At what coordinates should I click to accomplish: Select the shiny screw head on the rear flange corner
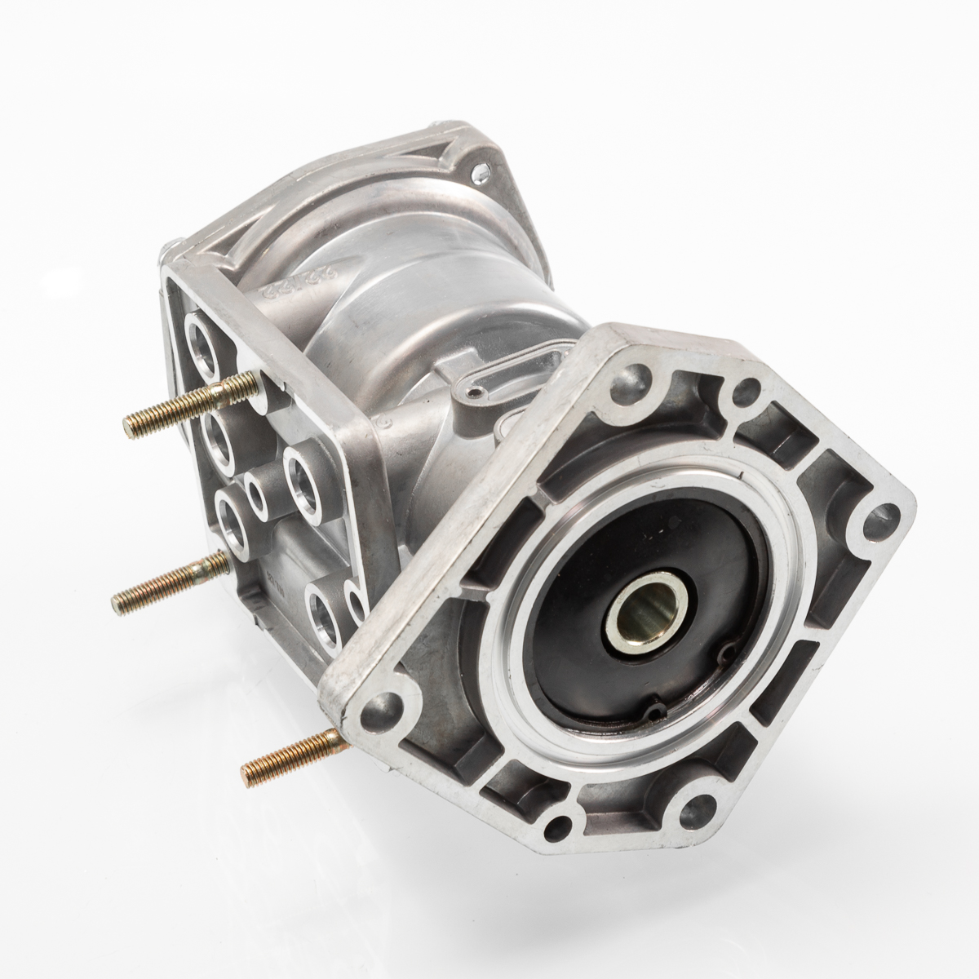pos(481,174)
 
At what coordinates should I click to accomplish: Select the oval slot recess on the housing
pos(534,364)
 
